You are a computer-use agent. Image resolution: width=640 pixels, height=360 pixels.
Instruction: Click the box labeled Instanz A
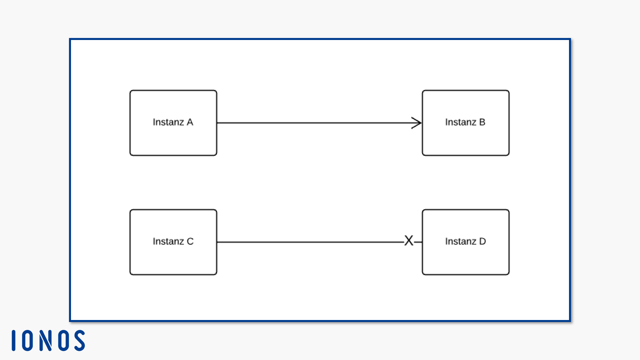173,123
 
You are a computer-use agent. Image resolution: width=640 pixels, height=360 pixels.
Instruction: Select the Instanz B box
466,123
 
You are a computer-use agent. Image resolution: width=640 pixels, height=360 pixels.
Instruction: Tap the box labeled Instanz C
173,242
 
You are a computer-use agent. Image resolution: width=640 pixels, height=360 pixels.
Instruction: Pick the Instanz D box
466,242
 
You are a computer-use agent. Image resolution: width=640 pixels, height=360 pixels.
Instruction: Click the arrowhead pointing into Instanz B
417,123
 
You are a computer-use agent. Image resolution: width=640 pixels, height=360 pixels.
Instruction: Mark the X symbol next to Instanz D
409,240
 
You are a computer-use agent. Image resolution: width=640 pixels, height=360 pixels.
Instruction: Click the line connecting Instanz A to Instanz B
319,123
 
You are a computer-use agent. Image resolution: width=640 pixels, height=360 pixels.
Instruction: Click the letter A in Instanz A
190,122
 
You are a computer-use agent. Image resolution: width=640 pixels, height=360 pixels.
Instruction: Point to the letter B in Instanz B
482,122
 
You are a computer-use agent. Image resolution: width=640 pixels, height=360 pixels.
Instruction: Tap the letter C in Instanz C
190,241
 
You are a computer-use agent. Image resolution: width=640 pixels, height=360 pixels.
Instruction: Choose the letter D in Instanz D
482,241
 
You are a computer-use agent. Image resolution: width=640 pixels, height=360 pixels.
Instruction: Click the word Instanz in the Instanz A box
168,122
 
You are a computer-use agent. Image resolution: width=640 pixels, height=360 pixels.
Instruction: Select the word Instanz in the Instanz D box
461,241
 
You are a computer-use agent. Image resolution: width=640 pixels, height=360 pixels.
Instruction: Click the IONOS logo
48,341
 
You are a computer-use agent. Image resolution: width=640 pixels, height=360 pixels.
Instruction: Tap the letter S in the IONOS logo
80,341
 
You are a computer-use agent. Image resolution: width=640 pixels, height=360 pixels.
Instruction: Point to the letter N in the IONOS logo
46,341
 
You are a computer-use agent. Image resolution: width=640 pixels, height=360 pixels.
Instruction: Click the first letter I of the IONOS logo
14,341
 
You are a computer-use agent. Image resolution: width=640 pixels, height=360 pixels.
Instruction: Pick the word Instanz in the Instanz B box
461,122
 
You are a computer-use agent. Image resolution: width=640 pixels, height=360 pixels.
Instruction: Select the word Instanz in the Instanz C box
168,241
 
